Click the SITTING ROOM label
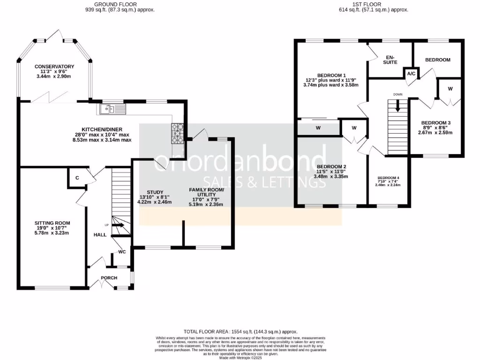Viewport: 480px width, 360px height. point(52,223)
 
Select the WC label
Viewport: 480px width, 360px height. point(122,252)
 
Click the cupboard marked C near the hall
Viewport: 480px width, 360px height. point(77,177)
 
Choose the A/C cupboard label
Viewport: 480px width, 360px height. point(411,74)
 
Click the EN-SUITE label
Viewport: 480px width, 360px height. point(390,60)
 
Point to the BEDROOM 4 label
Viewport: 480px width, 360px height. point(389,178)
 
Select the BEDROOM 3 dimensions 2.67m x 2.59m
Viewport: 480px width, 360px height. point(435,132)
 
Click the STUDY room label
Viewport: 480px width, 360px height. point(154,192)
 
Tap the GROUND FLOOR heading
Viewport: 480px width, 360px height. point(115,4)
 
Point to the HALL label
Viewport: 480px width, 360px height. point(99,234)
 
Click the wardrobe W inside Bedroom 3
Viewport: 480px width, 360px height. point(450,89)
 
